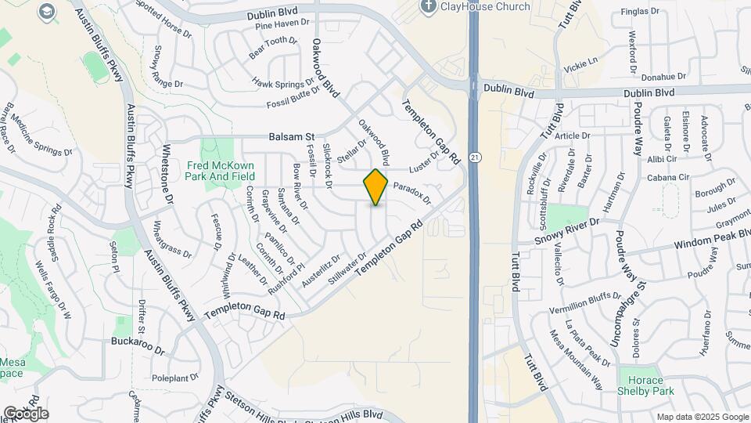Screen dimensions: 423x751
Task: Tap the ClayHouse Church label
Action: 485,7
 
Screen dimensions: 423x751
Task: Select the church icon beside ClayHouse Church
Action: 428,7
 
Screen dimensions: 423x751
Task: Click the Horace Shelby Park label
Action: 645,385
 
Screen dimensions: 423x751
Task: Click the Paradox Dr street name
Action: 412,193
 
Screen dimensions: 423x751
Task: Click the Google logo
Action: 26,413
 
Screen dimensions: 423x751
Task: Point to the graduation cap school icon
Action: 48,11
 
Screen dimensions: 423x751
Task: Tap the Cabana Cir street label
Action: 667,178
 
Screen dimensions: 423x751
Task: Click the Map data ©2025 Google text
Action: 702,417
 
